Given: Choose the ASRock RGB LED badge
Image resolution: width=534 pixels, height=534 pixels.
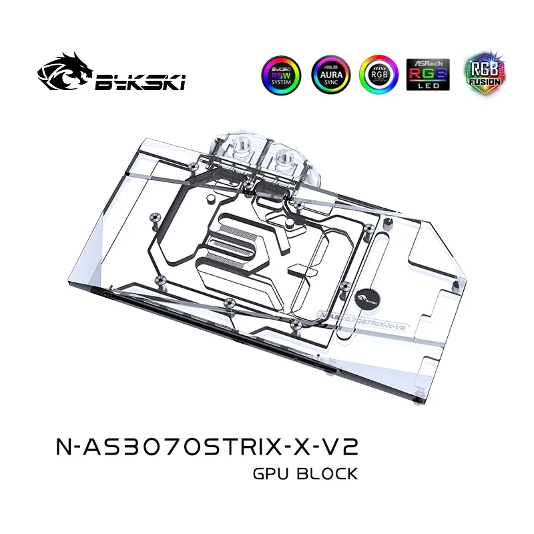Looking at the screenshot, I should coord(428,75).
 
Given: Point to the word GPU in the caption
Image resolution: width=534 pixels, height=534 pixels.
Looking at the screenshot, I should coord(271,475).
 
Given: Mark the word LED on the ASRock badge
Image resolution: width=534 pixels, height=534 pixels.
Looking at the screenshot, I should coord(428,86).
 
